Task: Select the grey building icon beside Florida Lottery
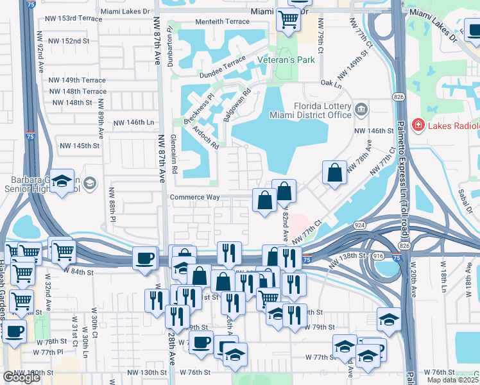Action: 361,110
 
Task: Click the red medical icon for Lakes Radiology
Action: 418,124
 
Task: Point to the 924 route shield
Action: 361,225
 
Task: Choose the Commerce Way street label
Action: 195,198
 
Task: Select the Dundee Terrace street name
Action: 224,60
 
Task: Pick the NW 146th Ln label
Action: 134,122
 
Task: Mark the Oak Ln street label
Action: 331,83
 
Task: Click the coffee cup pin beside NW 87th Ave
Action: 144,259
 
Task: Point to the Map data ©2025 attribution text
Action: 453,380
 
